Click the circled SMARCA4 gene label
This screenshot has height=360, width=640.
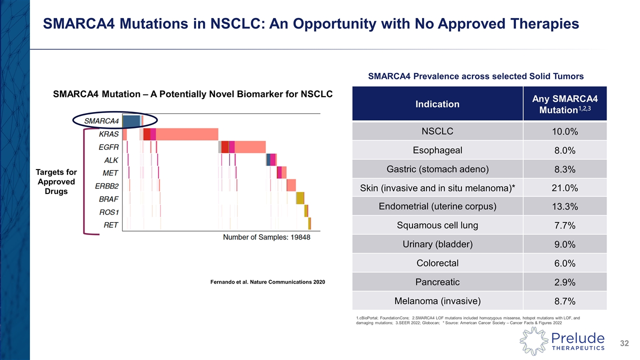[101, 120]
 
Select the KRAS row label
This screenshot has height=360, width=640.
[108, 134]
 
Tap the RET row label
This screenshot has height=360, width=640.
[110, 225]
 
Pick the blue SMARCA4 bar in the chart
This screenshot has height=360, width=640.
[131, 121]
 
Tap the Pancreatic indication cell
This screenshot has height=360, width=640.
[438, 282]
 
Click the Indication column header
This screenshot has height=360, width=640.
[438, 104]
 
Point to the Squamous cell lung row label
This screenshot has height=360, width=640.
[438, 225]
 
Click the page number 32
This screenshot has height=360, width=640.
[623, 343]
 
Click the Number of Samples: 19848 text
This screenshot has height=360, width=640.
[266, 237]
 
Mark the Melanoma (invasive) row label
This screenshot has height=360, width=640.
[438, 301]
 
